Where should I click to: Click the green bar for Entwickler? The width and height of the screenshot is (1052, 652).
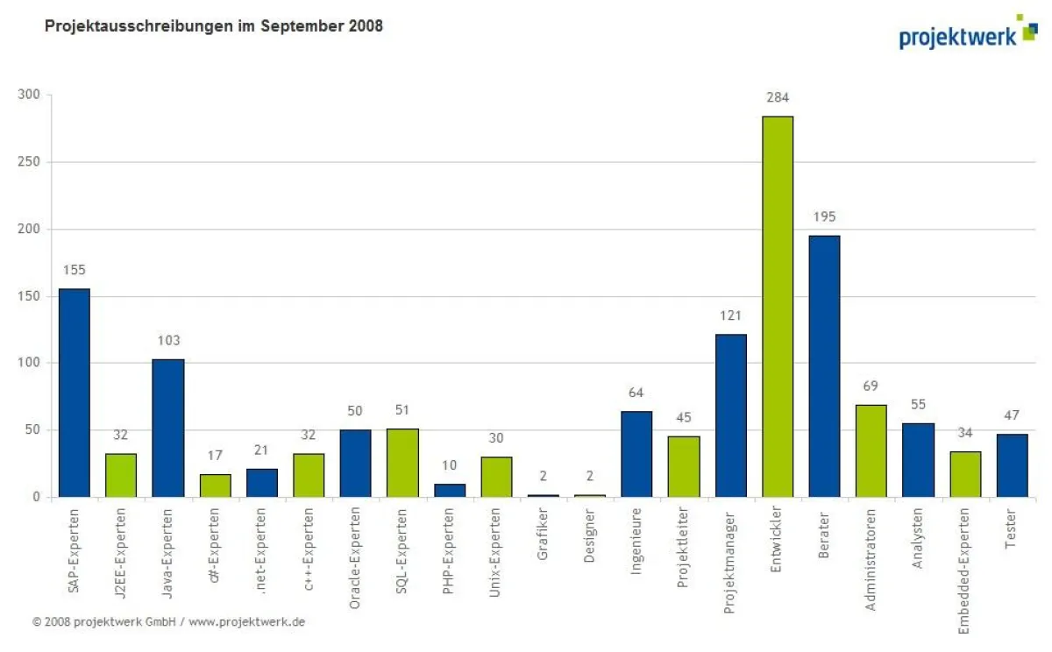(x=778, y=307)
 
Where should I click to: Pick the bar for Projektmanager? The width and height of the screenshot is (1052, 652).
(x=730, y=415)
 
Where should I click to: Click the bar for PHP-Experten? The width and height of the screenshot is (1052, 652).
(x=450, y=490)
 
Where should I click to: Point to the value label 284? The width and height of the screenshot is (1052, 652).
(x=778, y=97)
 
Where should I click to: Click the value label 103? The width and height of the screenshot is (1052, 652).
(x=167, y=340)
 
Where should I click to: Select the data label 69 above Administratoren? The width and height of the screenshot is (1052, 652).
(x=871, y=386)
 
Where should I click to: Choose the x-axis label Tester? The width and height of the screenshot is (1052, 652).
(x=1012, y=531)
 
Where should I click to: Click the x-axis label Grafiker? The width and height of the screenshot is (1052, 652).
(x=543, y=536)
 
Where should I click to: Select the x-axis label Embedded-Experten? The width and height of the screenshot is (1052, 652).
(x=964, y=570)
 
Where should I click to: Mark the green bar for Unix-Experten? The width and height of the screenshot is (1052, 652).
(x=496, y=477)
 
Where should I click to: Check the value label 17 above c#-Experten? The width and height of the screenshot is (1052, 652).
(x=215, y=456)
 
